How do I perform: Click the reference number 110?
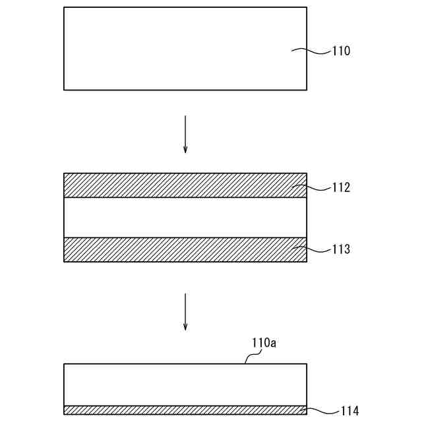[341, 51]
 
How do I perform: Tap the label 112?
[341, 188]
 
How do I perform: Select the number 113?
[341, 250]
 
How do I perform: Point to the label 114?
[349, 411]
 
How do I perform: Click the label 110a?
[263, 343]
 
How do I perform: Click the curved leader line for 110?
[311, 49]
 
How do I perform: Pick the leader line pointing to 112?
[311, 187]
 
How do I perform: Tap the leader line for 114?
[318, 410]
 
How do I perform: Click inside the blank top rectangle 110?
[185, 48]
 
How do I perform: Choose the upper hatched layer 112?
[185, 185]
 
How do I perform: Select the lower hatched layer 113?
[185, 249]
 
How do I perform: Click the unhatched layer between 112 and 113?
[185, 218]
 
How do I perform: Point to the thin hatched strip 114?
[185, 410]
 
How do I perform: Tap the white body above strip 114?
[185, 384]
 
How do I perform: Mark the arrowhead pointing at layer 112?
[185, 150]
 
